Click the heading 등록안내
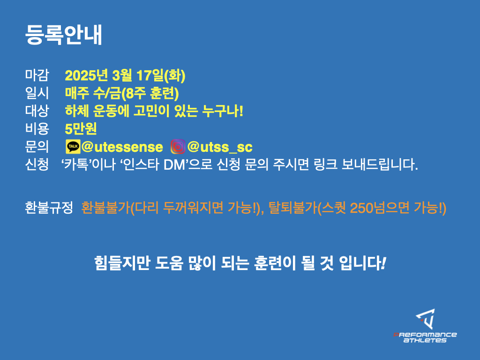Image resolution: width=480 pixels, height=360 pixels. [x=63, y=35]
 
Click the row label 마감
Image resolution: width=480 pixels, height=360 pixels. [x=37, y=75]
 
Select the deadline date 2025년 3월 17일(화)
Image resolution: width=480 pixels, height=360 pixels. [x=125, y=75]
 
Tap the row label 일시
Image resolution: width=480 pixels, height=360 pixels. [x=37, y=93]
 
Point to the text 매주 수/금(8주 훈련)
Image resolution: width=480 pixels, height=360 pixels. [x=122, y=93]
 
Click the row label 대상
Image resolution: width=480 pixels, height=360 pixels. [x=37, y=111]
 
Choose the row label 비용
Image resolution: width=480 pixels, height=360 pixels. [x=37, y=128]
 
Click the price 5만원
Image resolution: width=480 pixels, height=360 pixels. [x=81, y=128]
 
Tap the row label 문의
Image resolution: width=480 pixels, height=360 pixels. [x=37, y=146]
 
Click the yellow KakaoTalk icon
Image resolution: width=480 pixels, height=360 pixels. [x=73, y=147]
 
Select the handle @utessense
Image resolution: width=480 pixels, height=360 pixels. [x=122, y=147]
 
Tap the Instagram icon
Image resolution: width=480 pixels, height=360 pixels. [x=178, y=146]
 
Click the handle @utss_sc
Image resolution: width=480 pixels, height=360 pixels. [x=220, y=147]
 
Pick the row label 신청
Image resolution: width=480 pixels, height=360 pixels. [x=37, y=165]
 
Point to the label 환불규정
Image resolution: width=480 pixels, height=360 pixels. [x=49, y=208]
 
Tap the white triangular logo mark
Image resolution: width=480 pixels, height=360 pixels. [x=426, y=319]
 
